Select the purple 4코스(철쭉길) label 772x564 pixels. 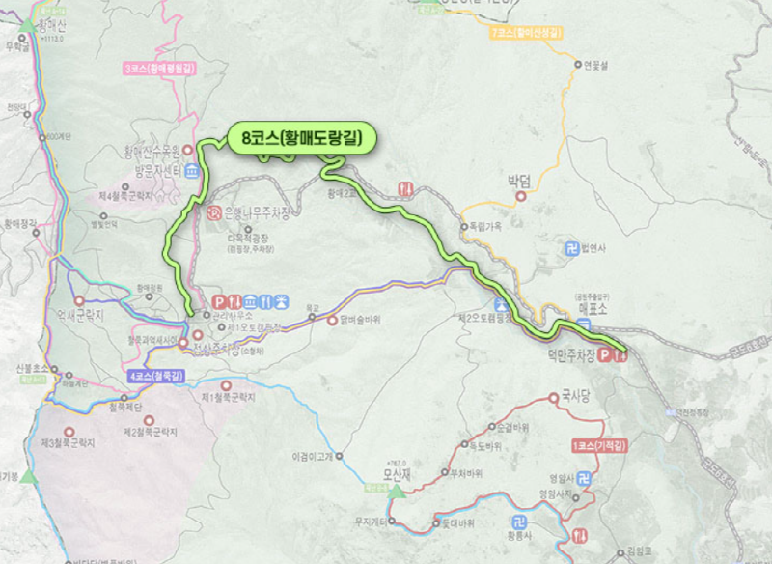(x=155, y=374)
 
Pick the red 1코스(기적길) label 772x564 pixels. (x=595, y=445)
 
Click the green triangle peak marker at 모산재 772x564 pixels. (x=397, y=491)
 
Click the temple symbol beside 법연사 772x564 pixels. (x=570, y=248)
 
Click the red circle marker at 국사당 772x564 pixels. (x=554, y=396)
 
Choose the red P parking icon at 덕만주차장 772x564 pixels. (x=606, y=355)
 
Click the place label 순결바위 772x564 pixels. (x=507, y=427)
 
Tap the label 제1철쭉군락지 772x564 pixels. (x=228, y=398)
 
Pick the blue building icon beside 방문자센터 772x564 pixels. (x=192, y=171)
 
